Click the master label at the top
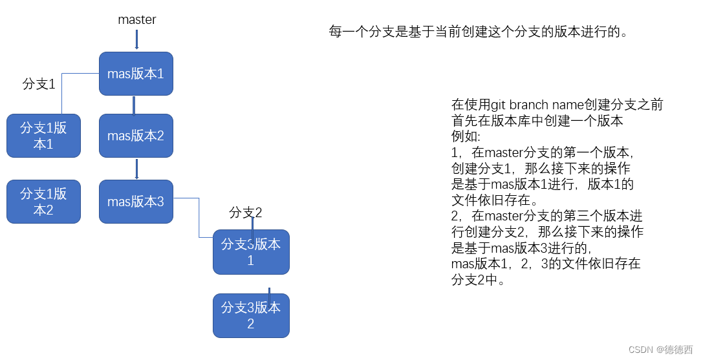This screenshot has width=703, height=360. click(x=136, y=20)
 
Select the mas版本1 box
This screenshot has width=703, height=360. click(x=136, y=74)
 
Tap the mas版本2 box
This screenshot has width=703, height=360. click(x=136, y=136)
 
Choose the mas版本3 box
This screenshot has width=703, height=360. click(x=136, y=202)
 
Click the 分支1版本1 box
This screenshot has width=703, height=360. click(x=43, y=136)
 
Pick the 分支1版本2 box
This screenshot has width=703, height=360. click(x=43, y=202)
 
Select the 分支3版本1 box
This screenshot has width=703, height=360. click(x=251, y=252)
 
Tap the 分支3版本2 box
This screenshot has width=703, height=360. click(x=251, y=315)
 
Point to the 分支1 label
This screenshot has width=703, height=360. click(x=39, y=84)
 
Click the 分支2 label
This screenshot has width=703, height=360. click(x=246, y=213)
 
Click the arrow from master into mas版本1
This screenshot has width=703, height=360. click(x=136, y=39)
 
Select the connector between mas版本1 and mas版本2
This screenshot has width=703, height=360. click(x=134, y=105)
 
